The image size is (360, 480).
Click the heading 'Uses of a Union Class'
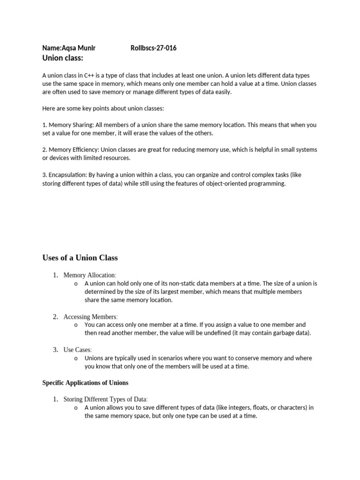[x=80, y=257]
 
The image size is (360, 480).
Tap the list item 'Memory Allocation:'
[x=90, y=275]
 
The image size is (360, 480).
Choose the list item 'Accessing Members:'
[x=90, y=316]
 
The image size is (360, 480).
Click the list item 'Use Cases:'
[x=78, y=350]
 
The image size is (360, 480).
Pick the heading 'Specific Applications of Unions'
[x=85, y=382]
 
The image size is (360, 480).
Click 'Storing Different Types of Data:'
[x=105, y=399]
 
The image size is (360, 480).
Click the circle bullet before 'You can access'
[x=75, y=325]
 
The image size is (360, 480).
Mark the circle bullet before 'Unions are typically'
[x=75, y=358]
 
